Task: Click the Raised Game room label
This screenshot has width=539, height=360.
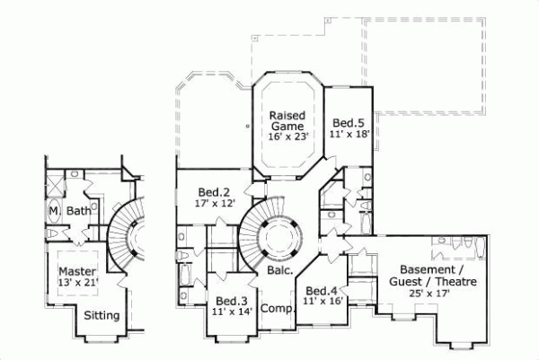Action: coord(287,121)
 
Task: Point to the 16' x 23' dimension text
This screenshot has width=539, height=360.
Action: coord(287,137)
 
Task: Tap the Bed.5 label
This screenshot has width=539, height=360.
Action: coord(347,122)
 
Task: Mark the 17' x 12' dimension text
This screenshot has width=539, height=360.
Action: coord(215,204)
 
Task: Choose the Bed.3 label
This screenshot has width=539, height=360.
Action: coord(231,300)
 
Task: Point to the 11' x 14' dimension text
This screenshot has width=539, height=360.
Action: coord(231,312)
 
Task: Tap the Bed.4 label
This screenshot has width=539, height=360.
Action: coord(321,290)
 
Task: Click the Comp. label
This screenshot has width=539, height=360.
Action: coord(274,307)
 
